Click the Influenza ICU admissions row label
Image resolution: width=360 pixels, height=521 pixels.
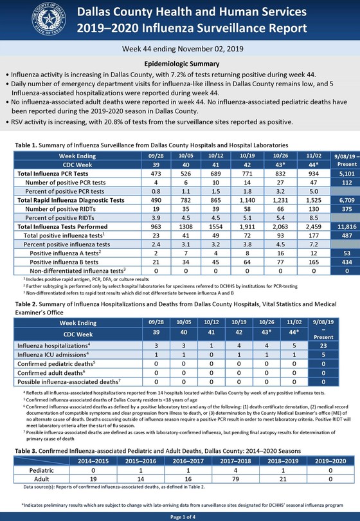(x=49, y=355)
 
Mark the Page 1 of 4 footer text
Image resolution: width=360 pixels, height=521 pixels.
(x=180, y=516)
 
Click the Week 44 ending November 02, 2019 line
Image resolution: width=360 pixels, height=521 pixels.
(x=180, y=49)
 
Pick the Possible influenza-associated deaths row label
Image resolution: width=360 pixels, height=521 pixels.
(x=63, y=381)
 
